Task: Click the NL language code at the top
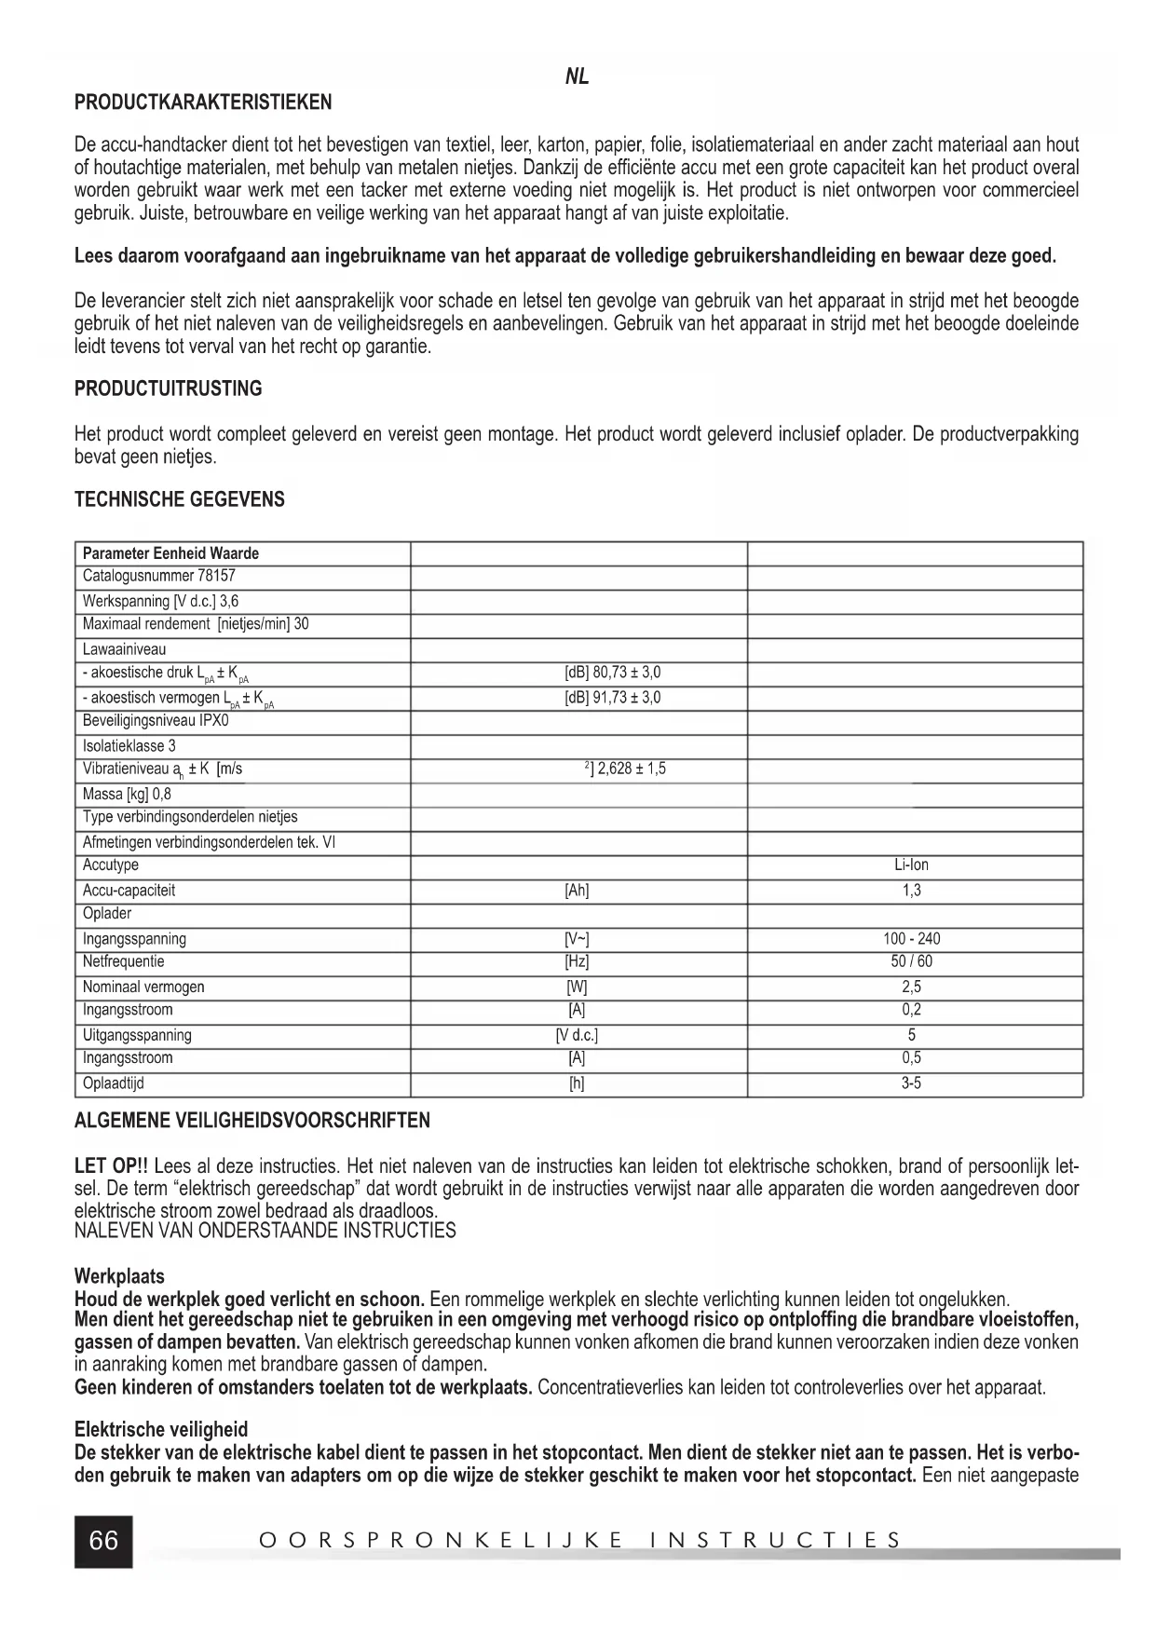577,77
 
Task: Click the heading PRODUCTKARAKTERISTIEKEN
203,102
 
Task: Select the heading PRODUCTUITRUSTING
168,388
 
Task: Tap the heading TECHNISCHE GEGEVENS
179,499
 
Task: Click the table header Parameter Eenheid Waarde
170,553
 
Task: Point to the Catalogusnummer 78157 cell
158,576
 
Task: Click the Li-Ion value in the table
911,865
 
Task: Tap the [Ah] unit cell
577,891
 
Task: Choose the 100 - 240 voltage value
911,939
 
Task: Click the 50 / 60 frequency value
911,962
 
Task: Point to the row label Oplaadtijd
114,1083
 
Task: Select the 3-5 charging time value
911,1083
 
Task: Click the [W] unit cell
577,987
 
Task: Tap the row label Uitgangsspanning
137,1035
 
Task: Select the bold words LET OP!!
111,1166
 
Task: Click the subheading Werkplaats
119,1276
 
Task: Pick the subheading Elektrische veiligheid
161,1430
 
